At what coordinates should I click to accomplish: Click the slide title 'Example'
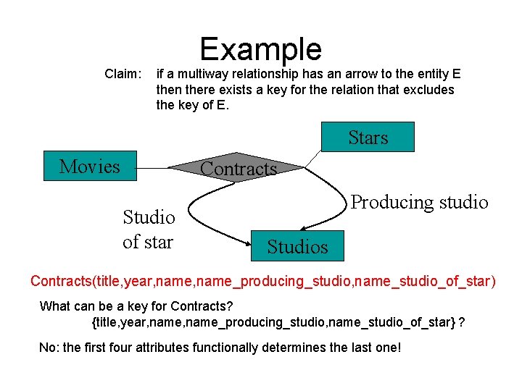(260, 49)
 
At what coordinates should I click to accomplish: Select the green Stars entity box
(368, 137)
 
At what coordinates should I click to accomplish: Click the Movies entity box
(90, 167)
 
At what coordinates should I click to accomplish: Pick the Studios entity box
(297, 246)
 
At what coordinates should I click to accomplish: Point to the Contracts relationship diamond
(238, 169)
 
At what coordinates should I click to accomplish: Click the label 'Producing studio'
(419, 202)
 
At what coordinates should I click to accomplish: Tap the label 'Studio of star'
(149, 230)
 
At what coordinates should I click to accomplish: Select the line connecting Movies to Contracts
(153, 167)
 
